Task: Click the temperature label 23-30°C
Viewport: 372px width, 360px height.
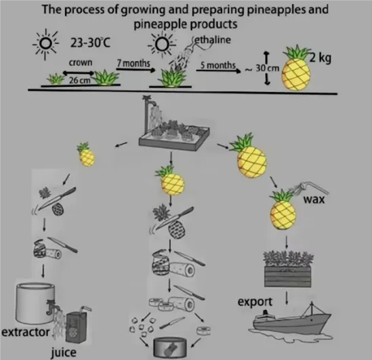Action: (90, 43)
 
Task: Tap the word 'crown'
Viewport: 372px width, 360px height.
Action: (81, 62)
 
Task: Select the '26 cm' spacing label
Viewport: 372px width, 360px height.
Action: (80, 81)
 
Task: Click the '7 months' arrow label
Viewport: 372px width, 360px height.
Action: (133, 63)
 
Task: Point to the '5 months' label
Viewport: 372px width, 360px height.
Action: (218, 65)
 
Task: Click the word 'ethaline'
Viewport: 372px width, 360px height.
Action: (213, 39)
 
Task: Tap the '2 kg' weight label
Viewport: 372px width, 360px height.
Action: (321, 58)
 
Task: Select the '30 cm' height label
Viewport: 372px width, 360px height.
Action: (268, 68)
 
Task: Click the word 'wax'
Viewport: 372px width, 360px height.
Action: (314, 199)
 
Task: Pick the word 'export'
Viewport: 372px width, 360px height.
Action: (255, 302)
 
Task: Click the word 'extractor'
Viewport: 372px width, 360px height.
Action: (26, 332)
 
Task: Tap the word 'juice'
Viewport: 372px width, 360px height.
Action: (64, 352)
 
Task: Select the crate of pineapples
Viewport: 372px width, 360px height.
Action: (287, 269)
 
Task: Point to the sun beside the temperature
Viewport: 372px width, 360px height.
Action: (45, 43)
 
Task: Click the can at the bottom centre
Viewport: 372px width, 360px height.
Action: (170, 347)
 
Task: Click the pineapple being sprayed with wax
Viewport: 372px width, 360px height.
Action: (283, 209)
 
